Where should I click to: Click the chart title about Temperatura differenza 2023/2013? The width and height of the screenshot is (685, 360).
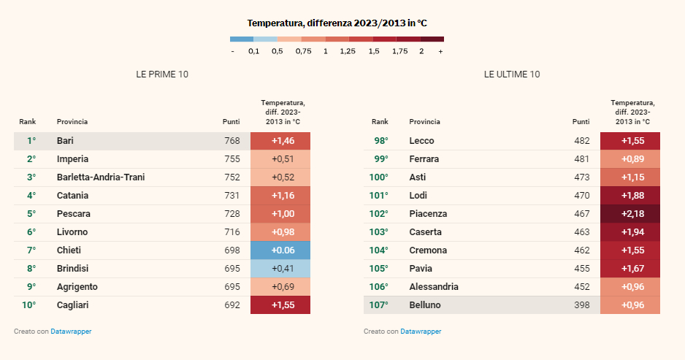click(337, 23)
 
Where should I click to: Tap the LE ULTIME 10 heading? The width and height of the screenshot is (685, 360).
click(512, 74)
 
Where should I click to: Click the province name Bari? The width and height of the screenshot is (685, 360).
click(65, 141)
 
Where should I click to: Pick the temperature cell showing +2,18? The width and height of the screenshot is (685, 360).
click(629, 214)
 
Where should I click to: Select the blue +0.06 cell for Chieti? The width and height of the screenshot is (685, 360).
click(280, 250)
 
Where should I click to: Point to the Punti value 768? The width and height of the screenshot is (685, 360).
click(232, 141)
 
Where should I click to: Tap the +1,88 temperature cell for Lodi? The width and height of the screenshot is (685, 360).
click(629, 196)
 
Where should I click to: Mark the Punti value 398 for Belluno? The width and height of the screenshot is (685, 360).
click(582, 305)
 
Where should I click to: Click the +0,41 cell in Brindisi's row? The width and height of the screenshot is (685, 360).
click(280, 269)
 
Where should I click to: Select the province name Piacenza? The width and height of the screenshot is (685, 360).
click(428, 214)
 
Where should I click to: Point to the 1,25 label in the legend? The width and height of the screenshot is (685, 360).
click(348, 52)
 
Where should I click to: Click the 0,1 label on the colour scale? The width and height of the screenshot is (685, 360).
click(253, 52)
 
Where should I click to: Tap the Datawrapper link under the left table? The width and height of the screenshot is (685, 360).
click(71, 332)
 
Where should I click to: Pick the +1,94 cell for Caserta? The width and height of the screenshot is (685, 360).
click(629, 232)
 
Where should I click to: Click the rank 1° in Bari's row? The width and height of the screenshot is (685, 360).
click(31, 141)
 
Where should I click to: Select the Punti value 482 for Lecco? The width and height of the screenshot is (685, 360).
click(582, 141)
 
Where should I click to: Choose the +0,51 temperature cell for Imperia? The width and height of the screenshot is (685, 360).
click(280, 159)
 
